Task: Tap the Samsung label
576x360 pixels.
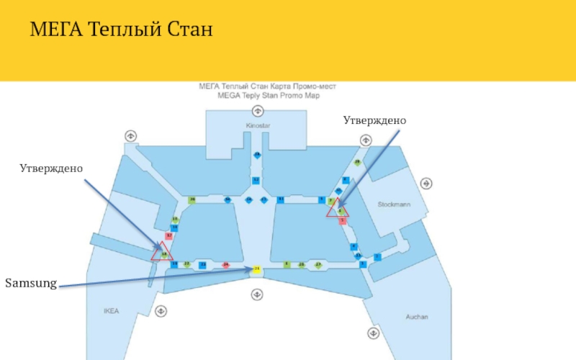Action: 31,283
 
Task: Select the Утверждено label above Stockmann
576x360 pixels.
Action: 374,120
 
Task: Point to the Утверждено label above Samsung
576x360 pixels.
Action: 51,168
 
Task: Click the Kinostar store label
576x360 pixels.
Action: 257,125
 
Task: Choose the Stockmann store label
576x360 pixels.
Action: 394,204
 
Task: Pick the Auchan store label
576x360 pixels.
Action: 416,317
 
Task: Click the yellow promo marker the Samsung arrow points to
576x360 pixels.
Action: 256,269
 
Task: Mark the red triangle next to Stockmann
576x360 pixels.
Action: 337,210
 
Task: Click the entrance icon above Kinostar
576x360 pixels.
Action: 257,111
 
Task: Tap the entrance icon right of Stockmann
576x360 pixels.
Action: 428,184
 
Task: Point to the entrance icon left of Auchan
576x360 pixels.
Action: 373,333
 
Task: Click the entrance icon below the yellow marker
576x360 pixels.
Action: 256,294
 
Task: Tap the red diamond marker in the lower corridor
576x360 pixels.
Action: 225,265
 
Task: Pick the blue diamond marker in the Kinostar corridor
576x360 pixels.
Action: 257,155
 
